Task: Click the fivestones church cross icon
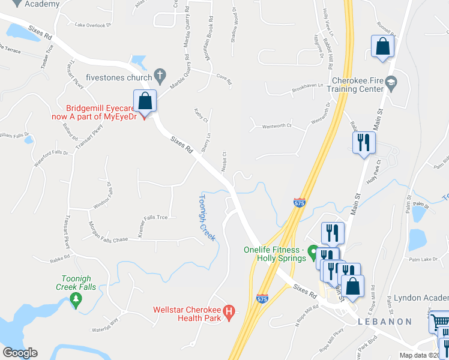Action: point(159,76)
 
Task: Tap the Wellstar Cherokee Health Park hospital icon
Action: point(228,311)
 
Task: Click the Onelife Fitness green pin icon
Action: point(312,250)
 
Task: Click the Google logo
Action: point(20,352)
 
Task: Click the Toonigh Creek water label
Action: point(206,217)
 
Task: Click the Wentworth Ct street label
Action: point(276,126)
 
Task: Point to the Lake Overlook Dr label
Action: point(94,25)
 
